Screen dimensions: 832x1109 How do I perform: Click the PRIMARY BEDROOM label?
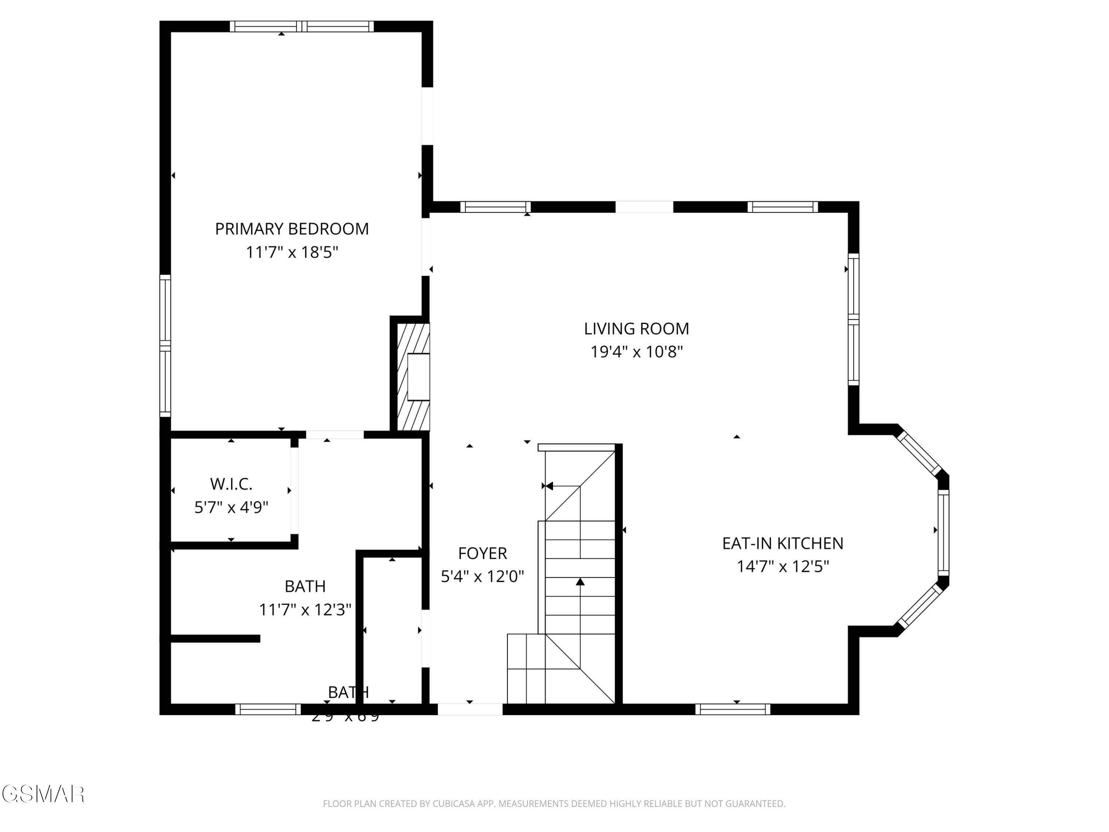coord(292,229)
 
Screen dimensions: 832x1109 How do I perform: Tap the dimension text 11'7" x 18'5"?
coord(292,252)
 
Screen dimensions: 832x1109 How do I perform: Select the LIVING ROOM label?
coord(636,329)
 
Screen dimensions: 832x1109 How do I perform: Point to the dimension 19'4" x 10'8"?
coord(636,352)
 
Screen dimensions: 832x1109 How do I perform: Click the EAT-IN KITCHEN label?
coord(782,544)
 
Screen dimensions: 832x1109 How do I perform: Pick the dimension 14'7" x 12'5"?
coord(782,567)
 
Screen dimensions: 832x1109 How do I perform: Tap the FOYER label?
coord(482,554)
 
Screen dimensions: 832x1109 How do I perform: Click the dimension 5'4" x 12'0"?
coord(482,577)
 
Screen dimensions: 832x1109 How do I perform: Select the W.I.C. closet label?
coord(231,484)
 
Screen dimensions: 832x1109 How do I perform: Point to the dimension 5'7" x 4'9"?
coord(231,508)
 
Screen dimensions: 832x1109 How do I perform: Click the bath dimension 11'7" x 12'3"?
coord(305,610)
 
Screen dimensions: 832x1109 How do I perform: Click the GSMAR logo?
coord(43,794)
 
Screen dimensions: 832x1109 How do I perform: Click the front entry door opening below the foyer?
coord(470,709)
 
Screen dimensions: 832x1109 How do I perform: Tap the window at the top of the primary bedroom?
coord(302,27)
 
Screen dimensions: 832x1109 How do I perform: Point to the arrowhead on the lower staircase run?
coord(580,582)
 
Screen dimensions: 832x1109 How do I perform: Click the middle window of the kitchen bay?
coord(943,532)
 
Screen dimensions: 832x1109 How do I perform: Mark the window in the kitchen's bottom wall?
coord(732,709)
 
